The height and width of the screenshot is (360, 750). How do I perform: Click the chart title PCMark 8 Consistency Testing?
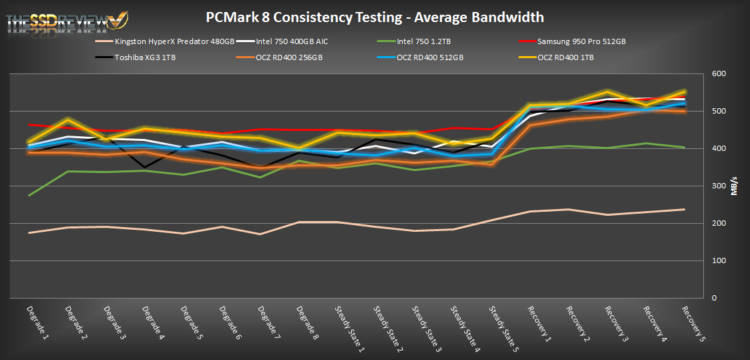(374, 17)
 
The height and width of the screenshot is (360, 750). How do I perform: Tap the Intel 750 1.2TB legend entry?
(423, 41)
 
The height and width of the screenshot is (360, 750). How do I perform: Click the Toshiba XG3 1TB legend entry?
(146, 57)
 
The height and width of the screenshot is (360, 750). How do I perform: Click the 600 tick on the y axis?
(719, 74)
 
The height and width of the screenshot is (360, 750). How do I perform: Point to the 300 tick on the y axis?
(719, 186)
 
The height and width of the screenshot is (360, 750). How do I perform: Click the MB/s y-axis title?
(735, 186)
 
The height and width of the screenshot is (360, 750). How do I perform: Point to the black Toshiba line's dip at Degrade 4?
(144, 167)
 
